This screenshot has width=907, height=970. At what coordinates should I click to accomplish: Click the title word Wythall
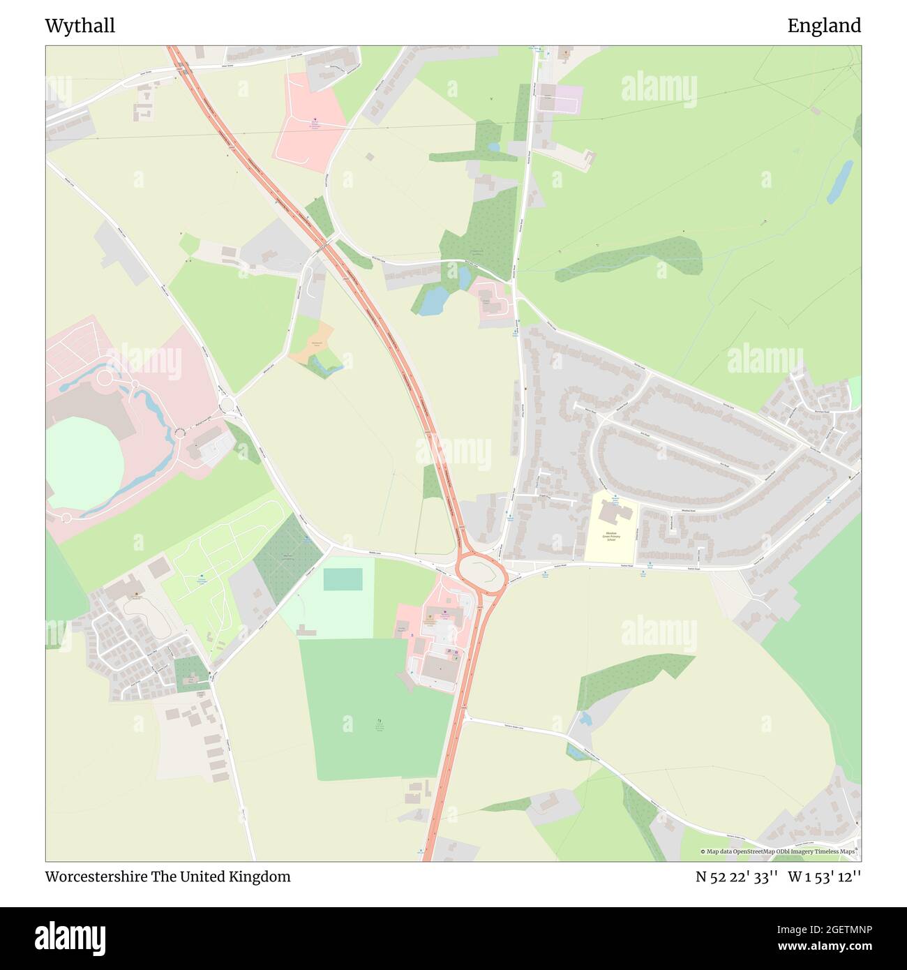tap(80, 26)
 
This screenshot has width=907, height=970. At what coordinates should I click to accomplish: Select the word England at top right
tap(824, 26)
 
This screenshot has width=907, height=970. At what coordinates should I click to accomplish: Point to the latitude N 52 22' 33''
tap(737, 877)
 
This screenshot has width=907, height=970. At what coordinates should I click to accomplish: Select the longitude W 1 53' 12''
tap(825, 877)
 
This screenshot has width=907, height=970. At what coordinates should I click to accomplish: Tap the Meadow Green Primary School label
tap(611, 535)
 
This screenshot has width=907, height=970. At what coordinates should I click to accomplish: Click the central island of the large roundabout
tap(481, 572)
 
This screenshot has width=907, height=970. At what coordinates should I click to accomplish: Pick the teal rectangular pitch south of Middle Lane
tap(343, 579)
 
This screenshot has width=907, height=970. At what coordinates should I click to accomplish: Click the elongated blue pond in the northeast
tap(839, 181)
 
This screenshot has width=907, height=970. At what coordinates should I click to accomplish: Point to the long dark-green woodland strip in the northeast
tap(628, 258)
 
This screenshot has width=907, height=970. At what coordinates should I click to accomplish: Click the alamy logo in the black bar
tap(71, 937)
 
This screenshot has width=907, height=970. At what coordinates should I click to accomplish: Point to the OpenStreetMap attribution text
tap(778, 851)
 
